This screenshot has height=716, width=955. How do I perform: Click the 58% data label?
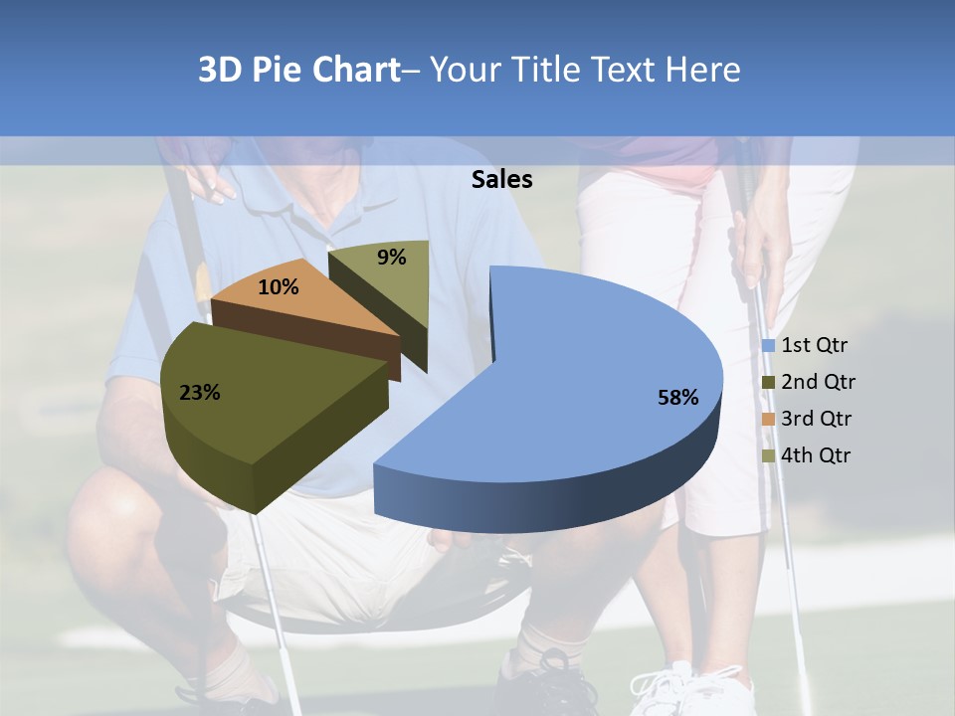[x=677, y=398]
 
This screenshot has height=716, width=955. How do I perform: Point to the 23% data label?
[x=199, y=393]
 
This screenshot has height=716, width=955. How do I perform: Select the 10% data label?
[x=279, y=288]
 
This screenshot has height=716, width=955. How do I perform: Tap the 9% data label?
[x=392, y=258]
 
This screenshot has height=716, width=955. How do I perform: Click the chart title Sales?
[x=501, y=179]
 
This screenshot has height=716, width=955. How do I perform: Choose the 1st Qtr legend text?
[x=814, y=345]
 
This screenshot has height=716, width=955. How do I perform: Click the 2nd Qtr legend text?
[x=818, y=382]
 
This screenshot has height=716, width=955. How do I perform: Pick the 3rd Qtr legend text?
[x=818, y=419]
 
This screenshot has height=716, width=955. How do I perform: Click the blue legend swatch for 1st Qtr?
[x=768, y=346]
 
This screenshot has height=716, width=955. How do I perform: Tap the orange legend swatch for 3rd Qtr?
[x=768, y=420]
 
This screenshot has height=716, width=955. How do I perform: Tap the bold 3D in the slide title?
[x=220, y=70]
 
